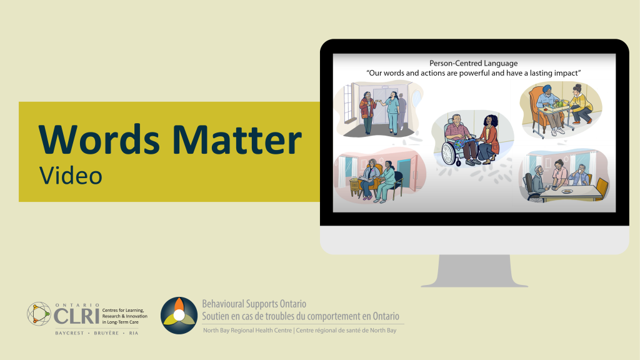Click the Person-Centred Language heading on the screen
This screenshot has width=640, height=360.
point(473,63)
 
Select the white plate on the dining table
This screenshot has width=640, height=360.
point(567,191)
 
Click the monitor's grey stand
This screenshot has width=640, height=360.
point(474,270)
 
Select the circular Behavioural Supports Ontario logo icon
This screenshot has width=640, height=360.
point(179,316)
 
